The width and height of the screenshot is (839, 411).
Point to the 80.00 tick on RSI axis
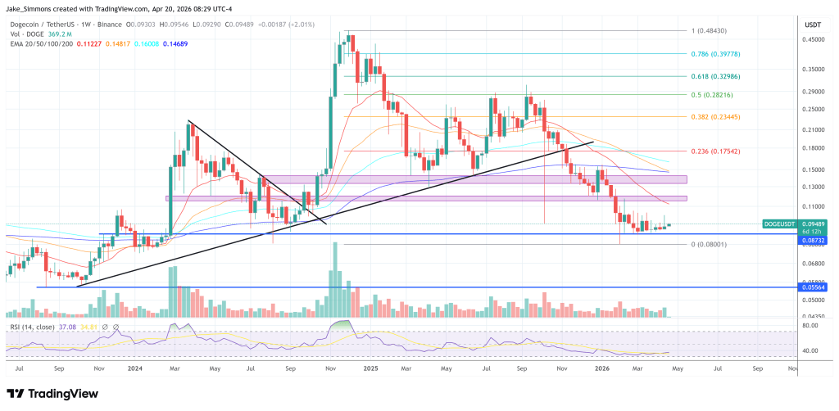(x=812, y=326)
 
